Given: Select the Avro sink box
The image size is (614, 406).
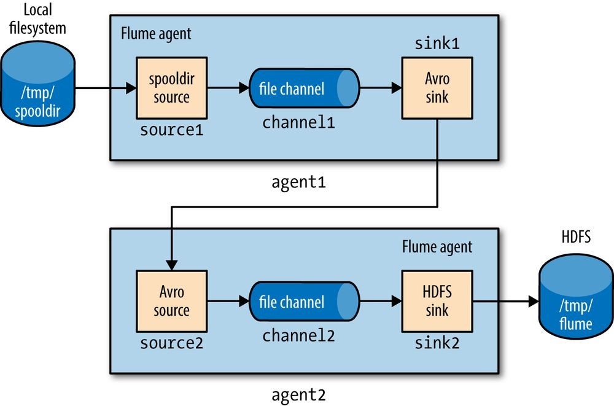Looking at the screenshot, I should click(x=437, y=88).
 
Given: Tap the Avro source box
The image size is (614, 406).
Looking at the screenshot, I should click(x=171, y=301).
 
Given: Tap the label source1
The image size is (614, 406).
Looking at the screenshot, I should click(x=171, y=130).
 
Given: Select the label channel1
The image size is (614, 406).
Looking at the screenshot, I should click(x=298, y=122).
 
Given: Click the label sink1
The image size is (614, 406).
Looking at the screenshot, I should click(x=437, y=45).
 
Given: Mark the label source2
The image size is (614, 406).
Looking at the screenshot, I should click(x=171, y=342).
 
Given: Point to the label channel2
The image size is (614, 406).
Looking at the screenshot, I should click(x=298, y=335).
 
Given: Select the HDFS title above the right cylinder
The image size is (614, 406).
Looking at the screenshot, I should click(x=575, y=237).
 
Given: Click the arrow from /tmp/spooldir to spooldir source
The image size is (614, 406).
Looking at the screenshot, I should click(x=104, y=89).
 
